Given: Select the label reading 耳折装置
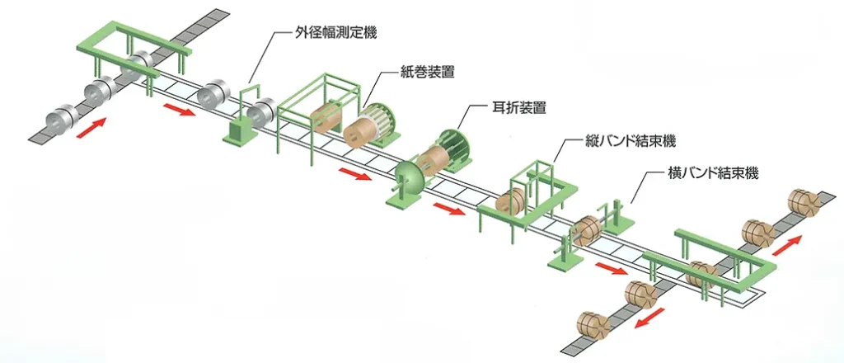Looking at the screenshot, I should [517, 107].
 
